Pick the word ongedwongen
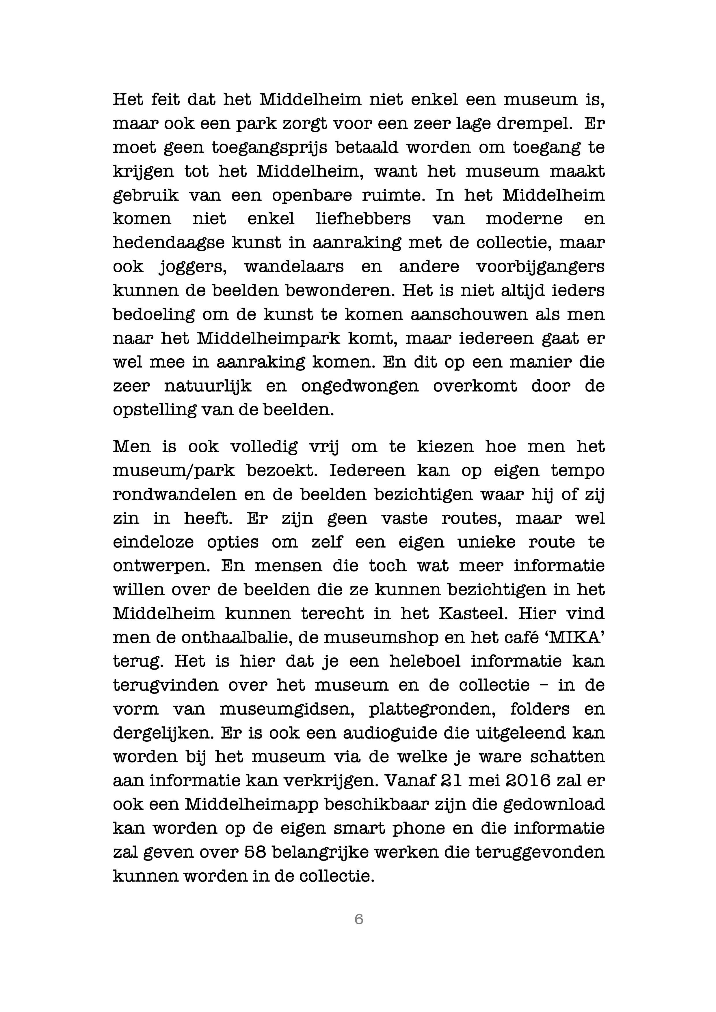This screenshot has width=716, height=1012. pyautogui.click(x=360, y=386)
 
